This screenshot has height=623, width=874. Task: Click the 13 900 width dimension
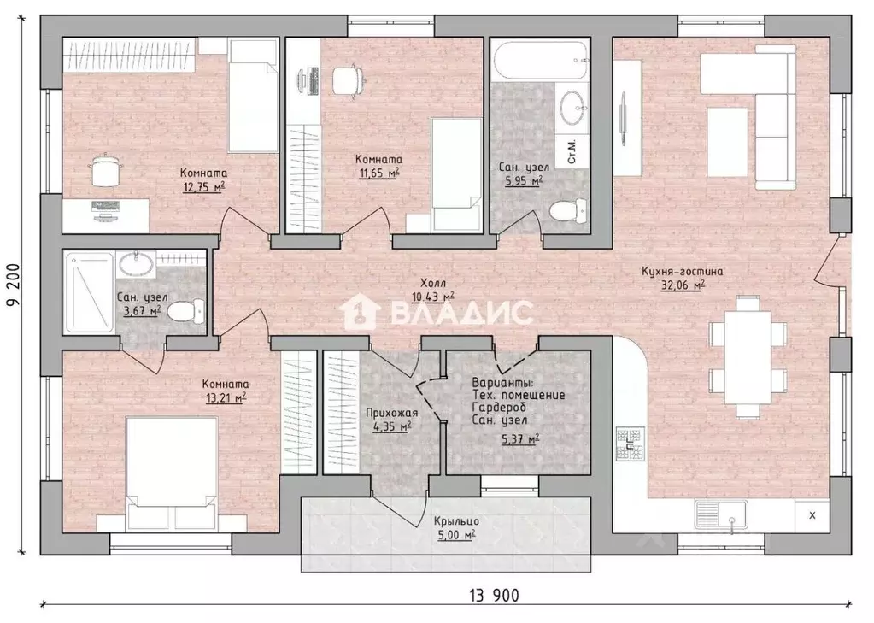tap(494, 595)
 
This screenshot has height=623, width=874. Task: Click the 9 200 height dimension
tap(14, 285)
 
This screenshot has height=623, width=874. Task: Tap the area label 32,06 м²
tap(683, 285)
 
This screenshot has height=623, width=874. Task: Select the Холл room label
tap(433, 284)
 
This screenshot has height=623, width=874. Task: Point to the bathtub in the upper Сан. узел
tap(540, 59)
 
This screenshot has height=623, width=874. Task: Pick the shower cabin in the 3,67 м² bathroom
tap(89, 292)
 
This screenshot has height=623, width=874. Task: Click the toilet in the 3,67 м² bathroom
tap(185, 311)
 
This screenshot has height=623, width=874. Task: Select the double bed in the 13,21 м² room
tap(172, 474)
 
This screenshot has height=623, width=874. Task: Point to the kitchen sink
tap(721, 514)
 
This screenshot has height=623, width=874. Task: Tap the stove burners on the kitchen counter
tap(631, 444)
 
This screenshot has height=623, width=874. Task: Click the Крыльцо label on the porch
tap(456, 521)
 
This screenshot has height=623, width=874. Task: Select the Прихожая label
tap(392, 413)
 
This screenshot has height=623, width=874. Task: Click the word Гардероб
tap(499, 408)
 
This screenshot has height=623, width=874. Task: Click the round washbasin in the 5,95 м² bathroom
tap(572, 109)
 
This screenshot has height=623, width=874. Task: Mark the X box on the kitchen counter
tap(812, 515)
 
